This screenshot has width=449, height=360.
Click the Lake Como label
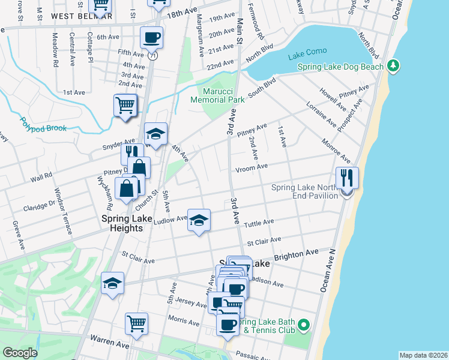click(x=307, y=51)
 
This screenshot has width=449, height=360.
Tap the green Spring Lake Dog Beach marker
click(x=393, y=64)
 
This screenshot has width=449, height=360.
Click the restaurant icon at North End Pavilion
click(x=347, y=178)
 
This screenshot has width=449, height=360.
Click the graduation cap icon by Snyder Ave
click(x=155, y=134)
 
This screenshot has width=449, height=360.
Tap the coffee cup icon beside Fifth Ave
click(x=151, y=38)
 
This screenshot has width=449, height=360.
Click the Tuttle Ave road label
click(x=259, y=222)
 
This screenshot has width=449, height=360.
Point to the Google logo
click(x=20, y=353)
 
